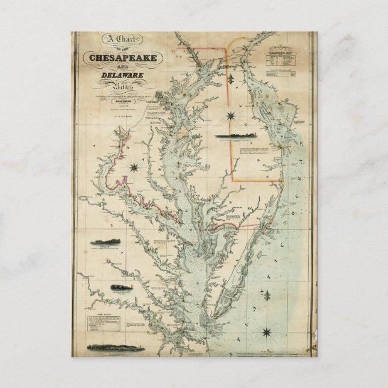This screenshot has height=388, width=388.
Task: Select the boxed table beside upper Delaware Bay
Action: [x=286, y=61]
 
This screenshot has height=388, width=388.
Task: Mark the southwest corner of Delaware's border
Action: [x=234, y=180]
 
